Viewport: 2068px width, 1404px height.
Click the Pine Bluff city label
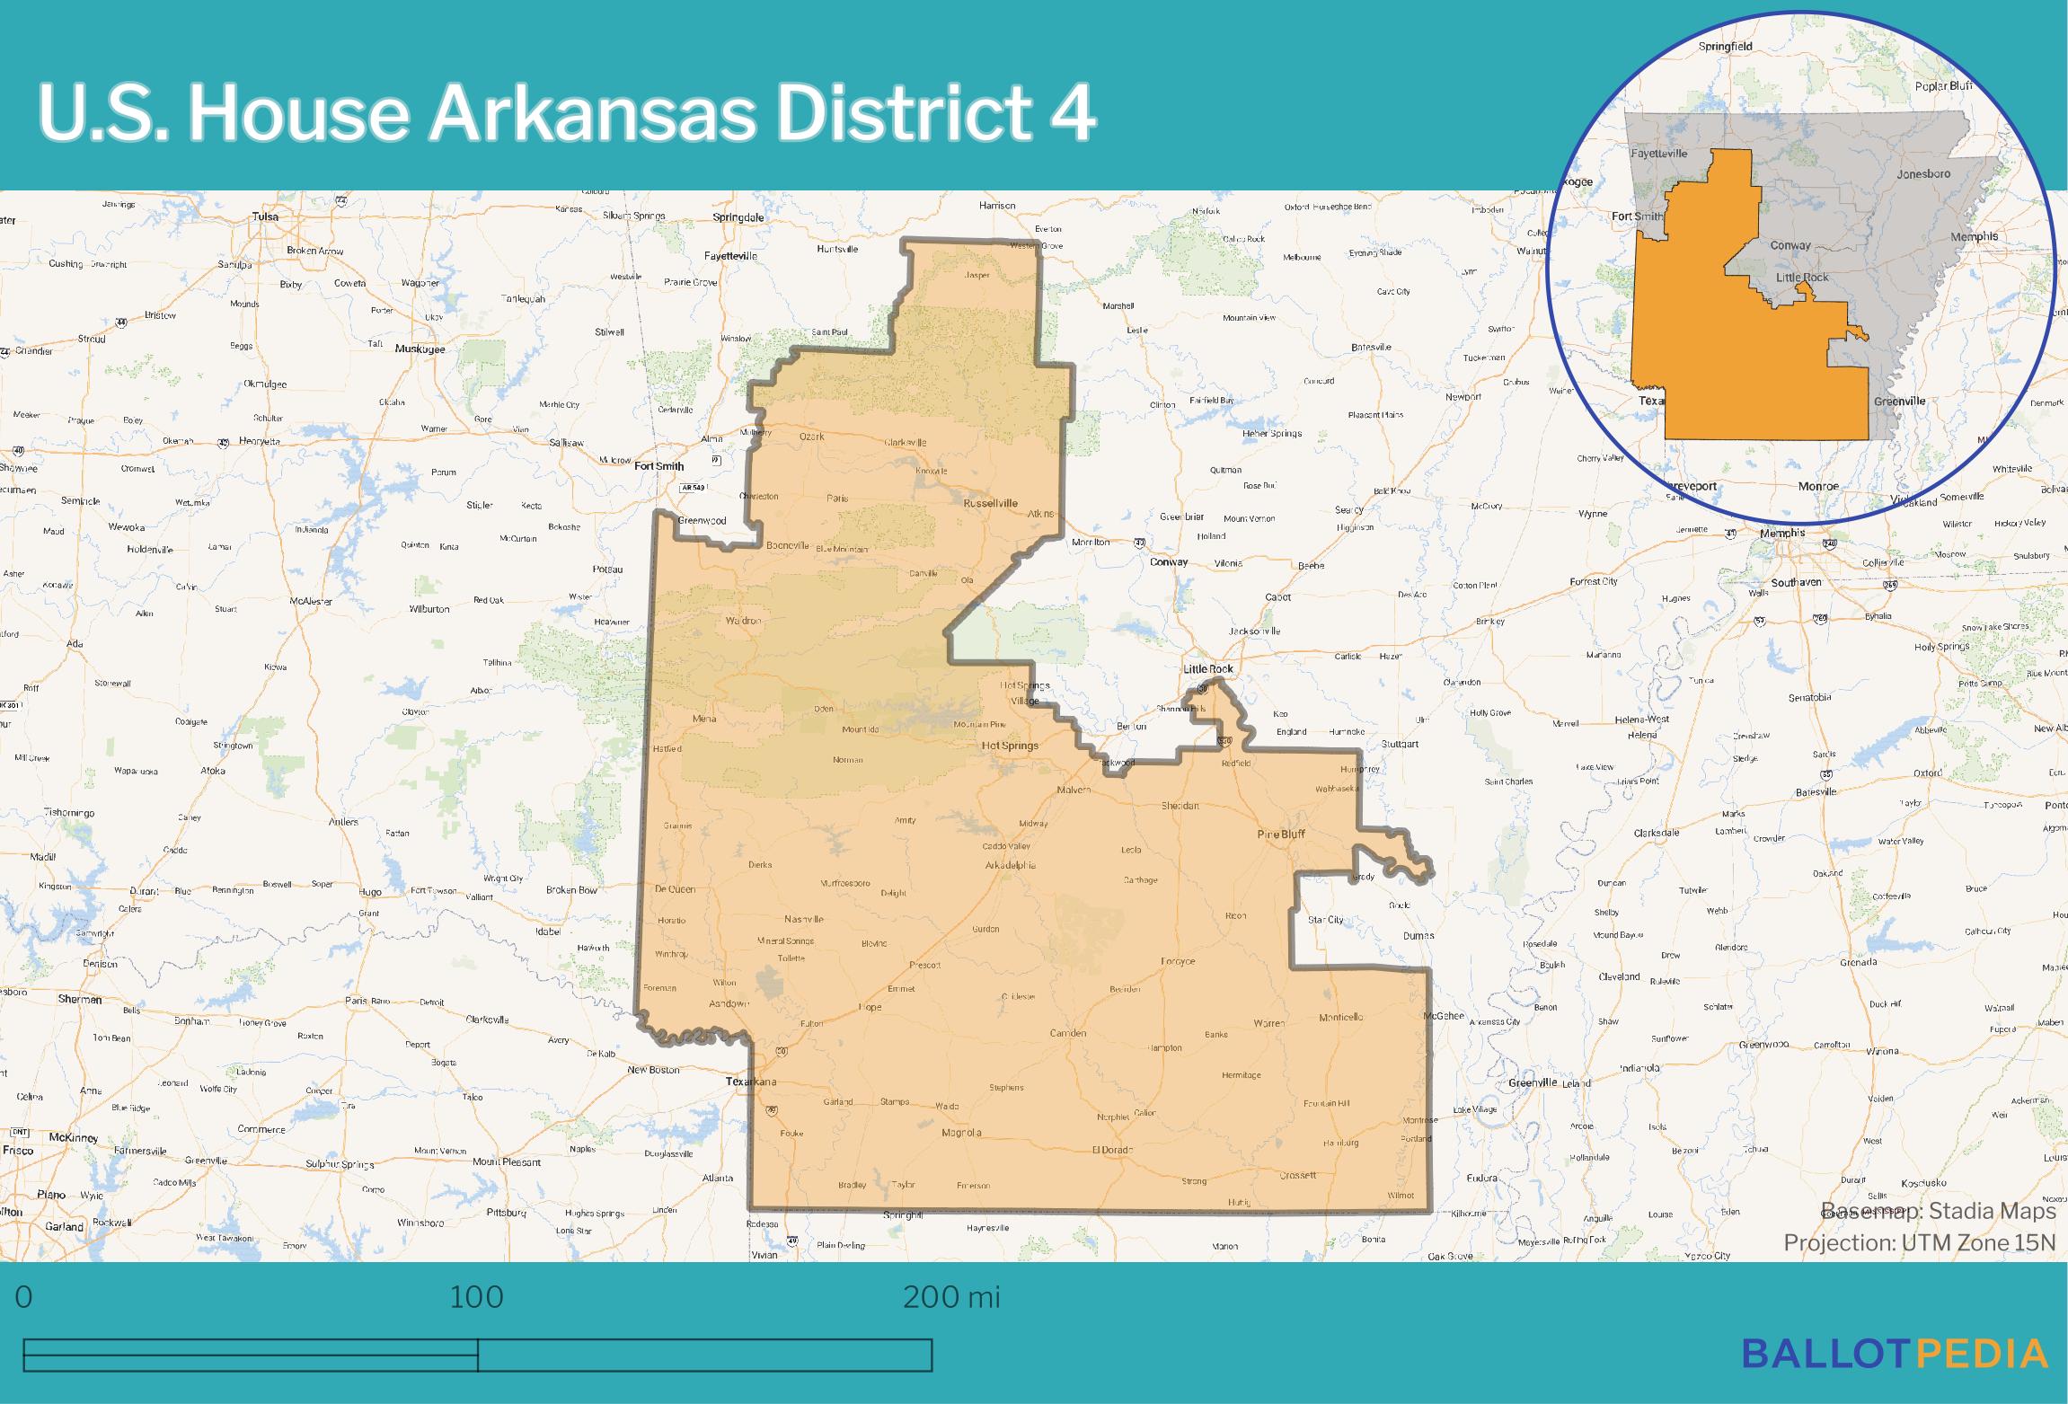point(1280,834)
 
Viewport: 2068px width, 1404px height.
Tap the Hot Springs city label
point(1010,746)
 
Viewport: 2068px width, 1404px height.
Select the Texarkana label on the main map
point(750,1082)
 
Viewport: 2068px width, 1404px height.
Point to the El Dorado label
point(1112,1150)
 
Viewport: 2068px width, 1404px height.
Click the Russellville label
point(990,503)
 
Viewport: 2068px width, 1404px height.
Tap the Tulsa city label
point(265,216)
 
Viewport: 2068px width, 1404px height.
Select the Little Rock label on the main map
point(1208,669)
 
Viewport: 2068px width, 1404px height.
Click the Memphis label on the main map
point(1782,533)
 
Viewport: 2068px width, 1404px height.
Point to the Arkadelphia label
point(1011,865)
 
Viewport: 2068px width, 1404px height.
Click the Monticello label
point(1340,1017)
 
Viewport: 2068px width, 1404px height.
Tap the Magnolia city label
point(961,1133)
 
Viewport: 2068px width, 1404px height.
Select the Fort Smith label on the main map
point(658,466)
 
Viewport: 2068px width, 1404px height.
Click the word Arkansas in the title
point(594,114)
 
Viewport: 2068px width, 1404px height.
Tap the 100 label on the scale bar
point(476,1297)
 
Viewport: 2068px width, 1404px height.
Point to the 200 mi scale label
point(950,1297)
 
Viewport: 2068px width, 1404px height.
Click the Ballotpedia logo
point(1895,1354)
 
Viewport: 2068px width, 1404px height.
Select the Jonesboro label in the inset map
point(1923,173)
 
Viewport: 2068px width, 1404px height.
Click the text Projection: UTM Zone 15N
point(1919,1242)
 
